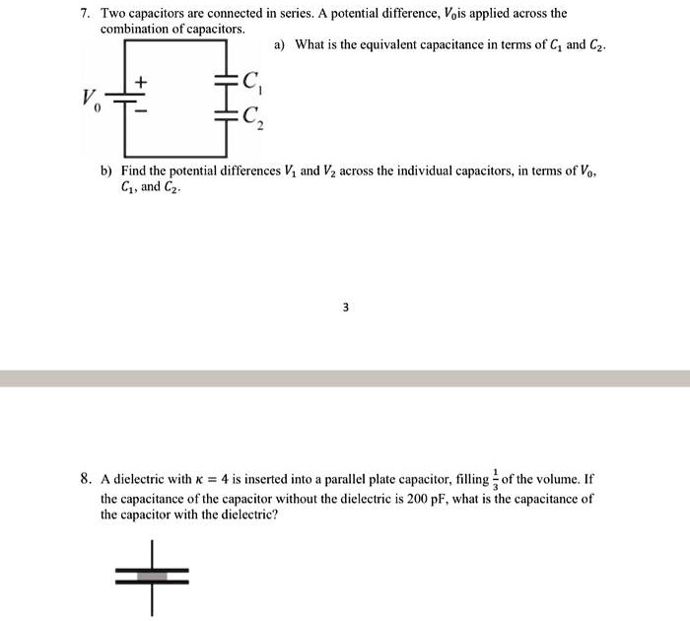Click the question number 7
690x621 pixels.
pos(86,15)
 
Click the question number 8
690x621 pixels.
pos(86,480)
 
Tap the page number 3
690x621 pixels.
pos(345,308)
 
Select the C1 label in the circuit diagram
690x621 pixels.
pos(252,82)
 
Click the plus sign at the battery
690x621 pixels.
pos(139,81)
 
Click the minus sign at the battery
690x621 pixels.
pos(139,112)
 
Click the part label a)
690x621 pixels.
pos(280,45)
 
